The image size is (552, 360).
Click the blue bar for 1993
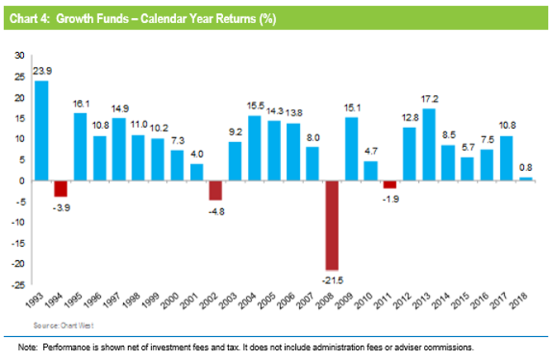(x=41, y=130)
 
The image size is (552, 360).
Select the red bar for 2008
(x=331, y=225)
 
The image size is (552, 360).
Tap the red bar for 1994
(x=60, y=188)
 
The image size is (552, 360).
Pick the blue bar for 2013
(x=428, y=144)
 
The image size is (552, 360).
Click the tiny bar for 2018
(x=525, y=178)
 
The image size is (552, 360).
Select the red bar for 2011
(x=389, y=184)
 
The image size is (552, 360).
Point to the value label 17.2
(x=429, y=100)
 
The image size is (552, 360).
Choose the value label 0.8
(x=526, y=168)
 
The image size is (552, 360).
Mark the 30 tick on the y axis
(x=18, y=55)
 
